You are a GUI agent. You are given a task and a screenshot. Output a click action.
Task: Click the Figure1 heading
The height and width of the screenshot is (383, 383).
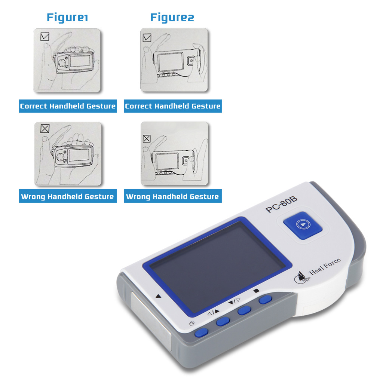67,17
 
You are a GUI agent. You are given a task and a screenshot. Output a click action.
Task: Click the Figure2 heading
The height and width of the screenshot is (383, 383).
172,17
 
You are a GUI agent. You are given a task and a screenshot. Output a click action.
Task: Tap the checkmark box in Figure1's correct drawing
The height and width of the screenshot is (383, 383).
45,37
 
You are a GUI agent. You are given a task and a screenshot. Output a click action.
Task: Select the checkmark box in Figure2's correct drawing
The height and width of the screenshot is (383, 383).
147,37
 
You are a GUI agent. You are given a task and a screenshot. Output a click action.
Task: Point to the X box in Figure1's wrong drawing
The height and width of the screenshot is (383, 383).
45,129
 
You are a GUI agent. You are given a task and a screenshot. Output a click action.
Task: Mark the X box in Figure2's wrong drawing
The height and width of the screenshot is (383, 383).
147,139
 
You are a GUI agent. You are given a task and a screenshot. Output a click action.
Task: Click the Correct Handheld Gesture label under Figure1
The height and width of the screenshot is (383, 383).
68,106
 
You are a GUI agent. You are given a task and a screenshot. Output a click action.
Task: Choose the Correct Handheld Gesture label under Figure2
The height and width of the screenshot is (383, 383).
173,106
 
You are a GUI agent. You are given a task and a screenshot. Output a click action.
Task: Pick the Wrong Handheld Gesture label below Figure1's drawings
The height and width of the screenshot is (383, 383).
68,196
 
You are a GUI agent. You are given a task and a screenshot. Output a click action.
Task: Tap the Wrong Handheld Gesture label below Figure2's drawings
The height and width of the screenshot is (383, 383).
172,196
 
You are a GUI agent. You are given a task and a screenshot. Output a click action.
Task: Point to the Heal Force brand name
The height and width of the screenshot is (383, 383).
325,270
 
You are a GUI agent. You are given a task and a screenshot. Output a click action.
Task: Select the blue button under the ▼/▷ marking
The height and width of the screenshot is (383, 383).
245,310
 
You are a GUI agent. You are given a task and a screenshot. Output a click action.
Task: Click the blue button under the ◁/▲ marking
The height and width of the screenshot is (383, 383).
224,321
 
